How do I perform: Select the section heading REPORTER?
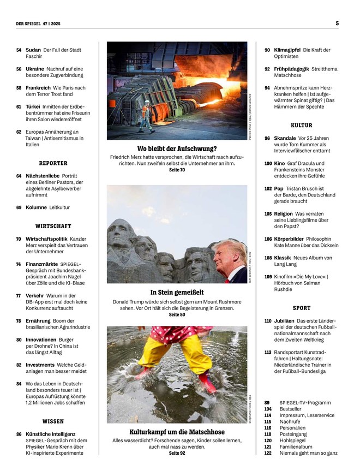coord(53,163)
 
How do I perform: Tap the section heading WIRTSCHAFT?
coord(53,226)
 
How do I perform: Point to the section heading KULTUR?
coord(302,125)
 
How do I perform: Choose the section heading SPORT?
coord(302,308)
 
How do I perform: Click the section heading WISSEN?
coord(53,421)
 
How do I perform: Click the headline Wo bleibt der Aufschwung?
coord(177,148)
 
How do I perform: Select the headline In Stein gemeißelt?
coord(177,292)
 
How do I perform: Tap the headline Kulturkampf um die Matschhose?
coord(177,432)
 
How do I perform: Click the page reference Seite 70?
coord(177,170)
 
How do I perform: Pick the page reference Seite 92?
coord(177,453)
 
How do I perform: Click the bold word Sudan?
coord(33,50)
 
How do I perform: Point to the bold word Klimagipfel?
coord(287,50)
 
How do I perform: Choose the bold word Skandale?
coord(285,138)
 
